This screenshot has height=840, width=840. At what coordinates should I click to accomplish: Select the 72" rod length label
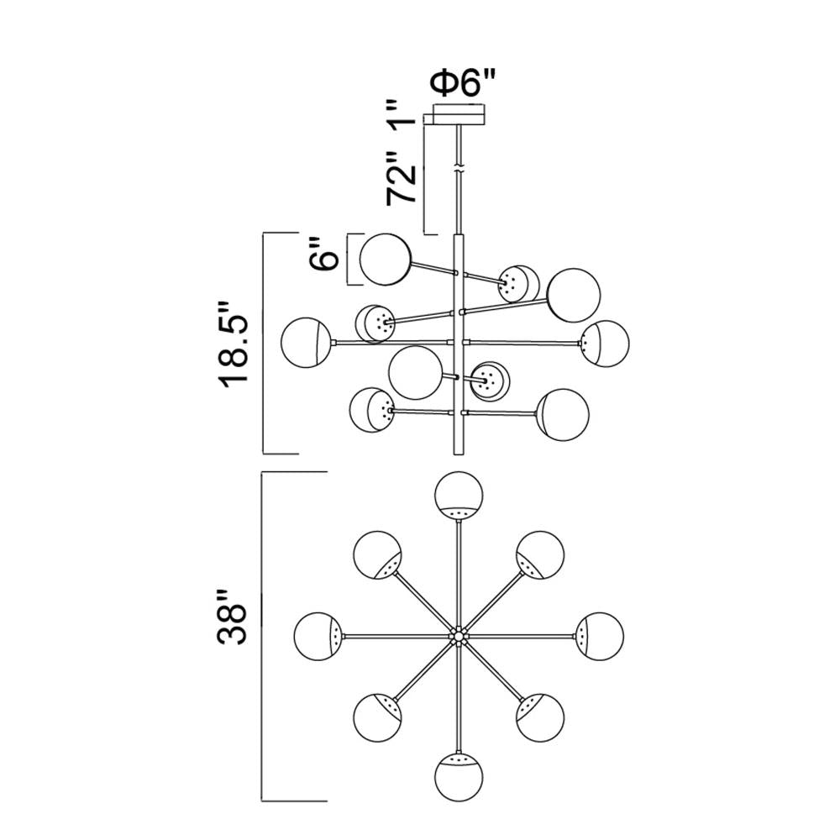pos(402,179)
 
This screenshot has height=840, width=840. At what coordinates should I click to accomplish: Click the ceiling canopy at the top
pos(459,113)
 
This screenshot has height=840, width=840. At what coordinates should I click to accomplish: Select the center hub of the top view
pos(459,635)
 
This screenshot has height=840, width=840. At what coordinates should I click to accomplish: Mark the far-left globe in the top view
pos(319,635)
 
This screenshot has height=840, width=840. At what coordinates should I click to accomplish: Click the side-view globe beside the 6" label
pos(385,259)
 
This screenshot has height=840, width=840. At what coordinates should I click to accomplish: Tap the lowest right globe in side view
pos(562,414)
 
